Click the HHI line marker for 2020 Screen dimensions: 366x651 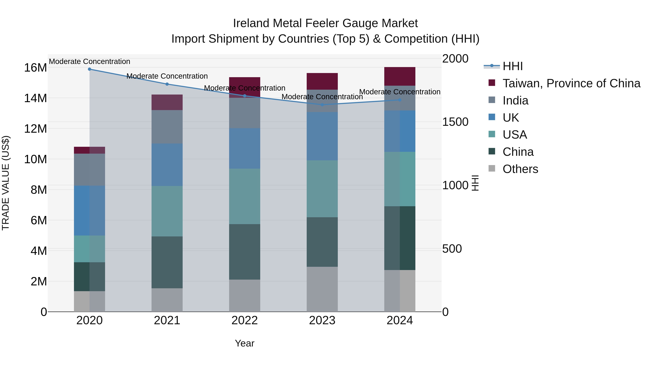click(90, 69)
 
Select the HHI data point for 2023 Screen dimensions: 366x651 click(322, 105)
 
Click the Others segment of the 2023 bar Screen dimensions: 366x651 click(322, 289)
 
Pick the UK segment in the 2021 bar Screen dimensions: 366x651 click(167, 165)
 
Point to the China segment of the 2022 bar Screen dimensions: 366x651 click(244, 252)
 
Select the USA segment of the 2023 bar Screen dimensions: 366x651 click(322, 189)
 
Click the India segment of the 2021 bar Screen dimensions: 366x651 click(167, 127)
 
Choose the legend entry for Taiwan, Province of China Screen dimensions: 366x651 click(571, 83)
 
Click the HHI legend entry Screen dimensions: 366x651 click(512, 66)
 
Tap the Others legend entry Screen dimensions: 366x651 click(520, 169)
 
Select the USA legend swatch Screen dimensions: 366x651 click(492, 134)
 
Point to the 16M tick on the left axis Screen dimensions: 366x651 click(35, 68)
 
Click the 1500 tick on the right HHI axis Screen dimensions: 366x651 click(455, 122)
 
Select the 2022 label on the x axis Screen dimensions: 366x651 click(244, 320)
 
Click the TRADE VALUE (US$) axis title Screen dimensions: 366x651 click(6, 183)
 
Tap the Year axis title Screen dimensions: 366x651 click(244, 343)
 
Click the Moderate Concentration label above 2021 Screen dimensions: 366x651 click(167, 76)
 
